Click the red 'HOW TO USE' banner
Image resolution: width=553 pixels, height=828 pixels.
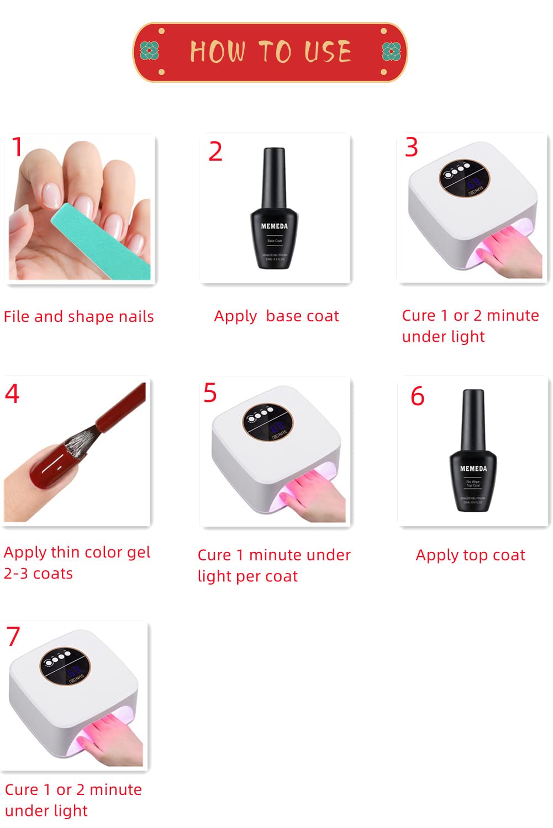click(x=270, y=52)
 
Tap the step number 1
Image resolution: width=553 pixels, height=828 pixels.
click(x=18, y=147)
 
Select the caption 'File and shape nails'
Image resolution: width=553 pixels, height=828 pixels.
click(x=79, y=317)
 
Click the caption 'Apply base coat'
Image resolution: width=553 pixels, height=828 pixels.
click(x=276, y=316)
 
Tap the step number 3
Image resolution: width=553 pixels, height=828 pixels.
click(x=412, y=147)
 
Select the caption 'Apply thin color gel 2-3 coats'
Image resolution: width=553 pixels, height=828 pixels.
click(x=77, y=562)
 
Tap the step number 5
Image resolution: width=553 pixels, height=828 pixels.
click(x=210, y=393)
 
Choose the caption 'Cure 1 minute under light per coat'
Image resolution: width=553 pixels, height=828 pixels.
click(x=274, y=565)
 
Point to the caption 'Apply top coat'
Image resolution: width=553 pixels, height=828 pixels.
click(x=470, y=555)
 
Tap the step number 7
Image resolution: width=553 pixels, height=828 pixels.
click(x=13, y=636)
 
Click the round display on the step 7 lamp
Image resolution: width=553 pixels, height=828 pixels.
click(x=62, y=666)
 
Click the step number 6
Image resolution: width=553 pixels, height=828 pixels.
click(x=417, y=396)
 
